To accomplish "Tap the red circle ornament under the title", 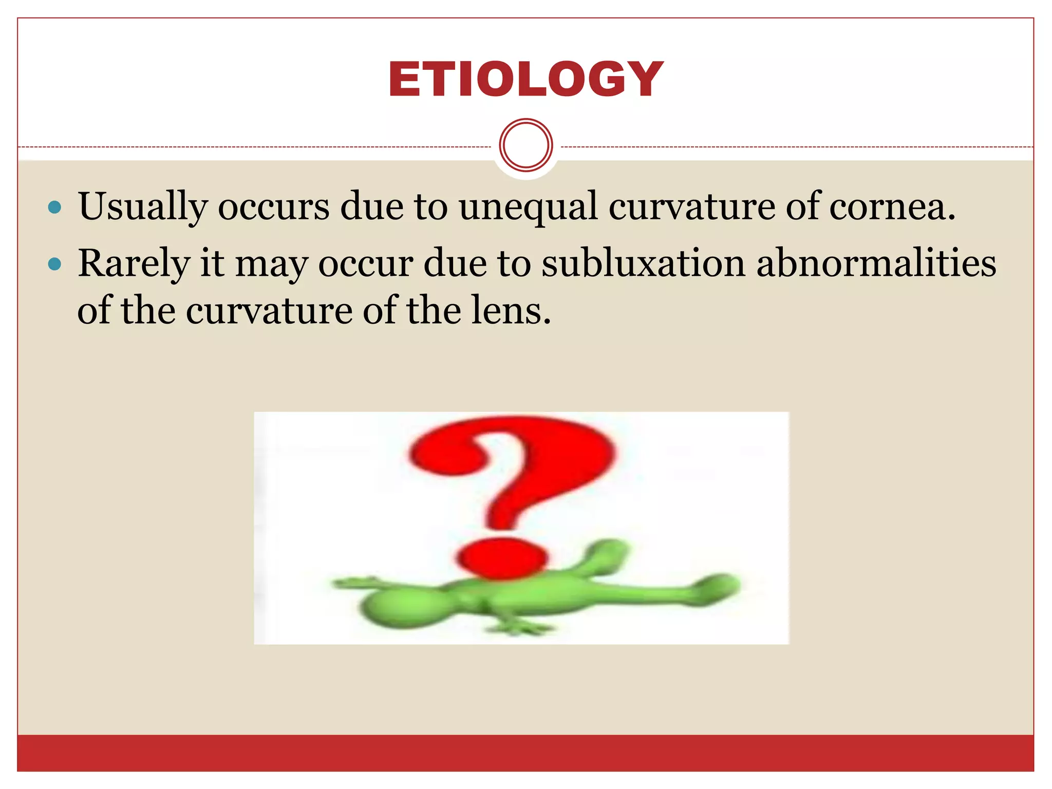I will click(x=525, y=145).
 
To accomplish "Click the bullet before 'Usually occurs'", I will click(x=54, y=208).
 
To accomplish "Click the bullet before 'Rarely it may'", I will click(x=54, y=265).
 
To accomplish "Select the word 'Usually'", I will click(x=142, y=206).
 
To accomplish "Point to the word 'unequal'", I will click(x=529, y=206).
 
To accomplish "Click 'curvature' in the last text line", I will click(x=269, y=312).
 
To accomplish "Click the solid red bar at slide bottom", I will click(x=525, y=753).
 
